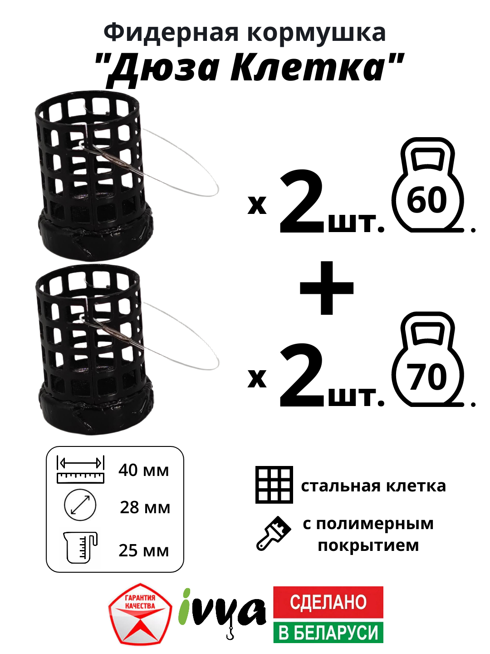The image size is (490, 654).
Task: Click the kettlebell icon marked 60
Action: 427,186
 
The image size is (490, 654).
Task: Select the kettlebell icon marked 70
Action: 427,361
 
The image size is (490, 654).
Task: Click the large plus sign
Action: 327,288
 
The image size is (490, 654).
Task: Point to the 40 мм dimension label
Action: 143,470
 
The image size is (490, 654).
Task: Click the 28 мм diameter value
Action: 145,507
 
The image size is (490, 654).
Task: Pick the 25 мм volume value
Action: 143,550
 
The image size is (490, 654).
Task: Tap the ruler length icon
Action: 81,470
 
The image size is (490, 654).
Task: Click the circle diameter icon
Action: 80,505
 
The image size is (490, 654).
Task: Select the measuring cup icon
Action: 81,547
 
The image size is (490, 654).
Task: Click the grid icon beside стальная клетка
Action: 274,485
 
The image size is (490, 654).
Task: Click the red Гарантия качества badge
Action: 140,614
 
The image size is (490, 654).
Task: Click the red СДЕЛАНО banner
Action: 328,602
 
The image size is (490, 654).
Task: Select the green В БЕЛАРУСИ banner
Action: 328,632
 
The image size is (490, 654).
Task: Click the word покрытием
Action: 368,545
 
